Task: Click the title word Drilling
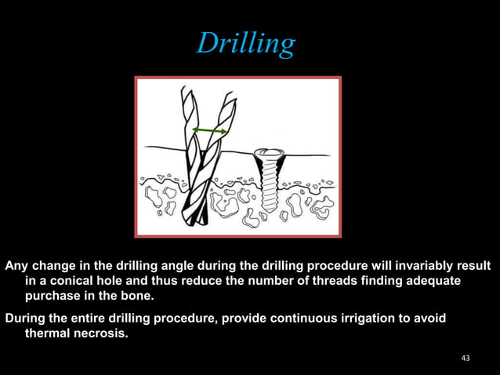(x=246, y=43)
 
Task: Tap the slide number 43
(x=466, y=359)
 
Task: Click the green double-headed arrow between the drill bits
(x=210, y=130)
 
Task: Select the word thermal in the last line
(x=48, y=333)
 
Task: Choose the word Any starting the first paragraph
(x=17, y=265)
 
